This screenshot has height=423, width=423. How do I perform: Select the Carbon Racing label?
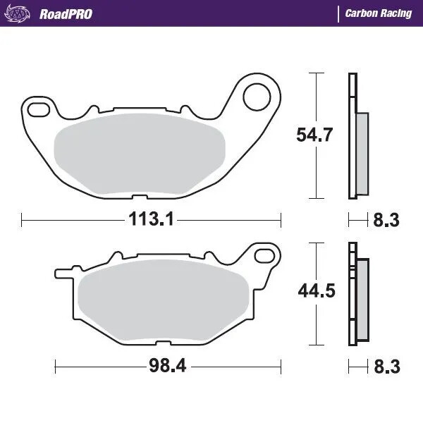(x=378, y=13)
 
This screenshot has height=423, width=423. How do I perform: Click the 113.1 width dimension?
(x=151, y=219)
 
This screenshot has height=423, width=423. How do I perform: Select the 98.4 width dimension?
(x=168, y=366)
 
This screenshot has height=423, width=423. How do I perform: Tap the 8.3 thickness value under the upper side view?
(x=385, y=221)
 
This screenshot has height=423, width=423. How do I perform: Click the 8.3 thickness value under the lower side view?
(x=385, y=367)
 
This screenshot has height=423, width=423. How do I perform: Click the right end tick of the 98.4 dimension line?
(x=281, y=366)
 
